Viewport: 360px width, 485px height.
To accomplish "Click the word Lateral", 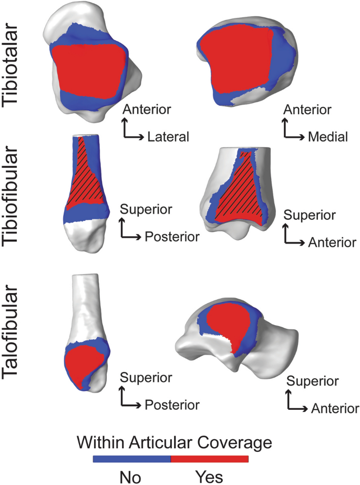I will point(168,137).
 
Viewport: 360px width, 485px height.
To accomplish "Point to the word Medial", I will point(328,137).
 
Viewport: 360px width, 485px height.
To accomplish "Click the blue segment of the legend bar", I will point(132,459).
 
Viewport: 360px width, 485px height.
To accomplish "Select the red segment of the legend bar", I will point(210,459).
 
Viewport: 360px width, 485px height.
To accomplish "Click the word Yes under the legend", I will point(209,477).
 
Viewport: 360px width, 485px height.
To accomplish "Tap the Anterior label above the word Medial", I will point(307,110).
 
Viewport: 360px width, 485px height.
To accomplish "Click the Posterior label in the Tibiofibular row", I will point(172,236).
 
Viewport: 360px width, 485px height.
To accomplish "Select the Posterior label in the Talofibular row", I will point(172,405).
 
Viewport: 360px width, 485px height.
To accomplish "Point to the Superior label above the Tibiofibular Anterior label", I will point(309,216).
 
